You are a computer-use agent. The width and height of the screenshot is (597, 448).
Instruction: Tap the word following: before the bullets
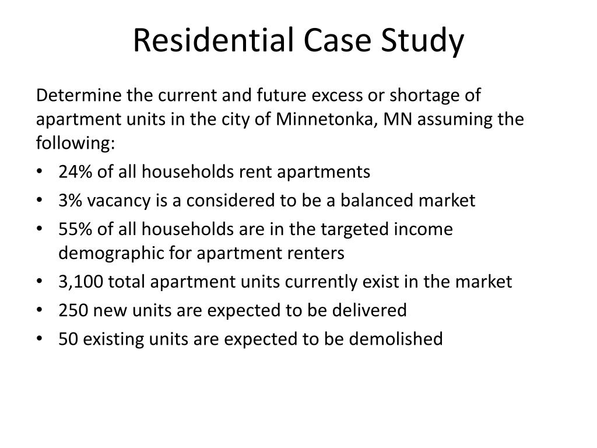pyautogui.click(x=75, y=143)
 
